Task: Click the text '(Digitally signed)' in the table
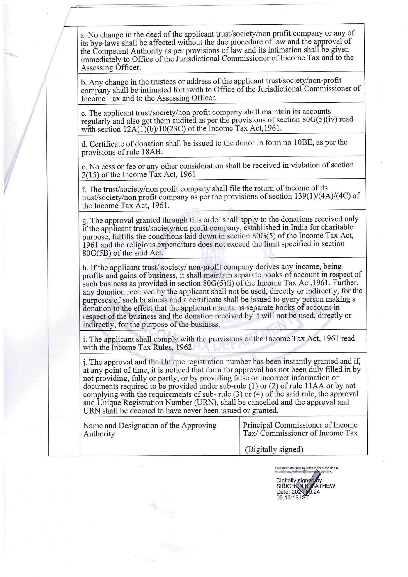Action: pos(274,449)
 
